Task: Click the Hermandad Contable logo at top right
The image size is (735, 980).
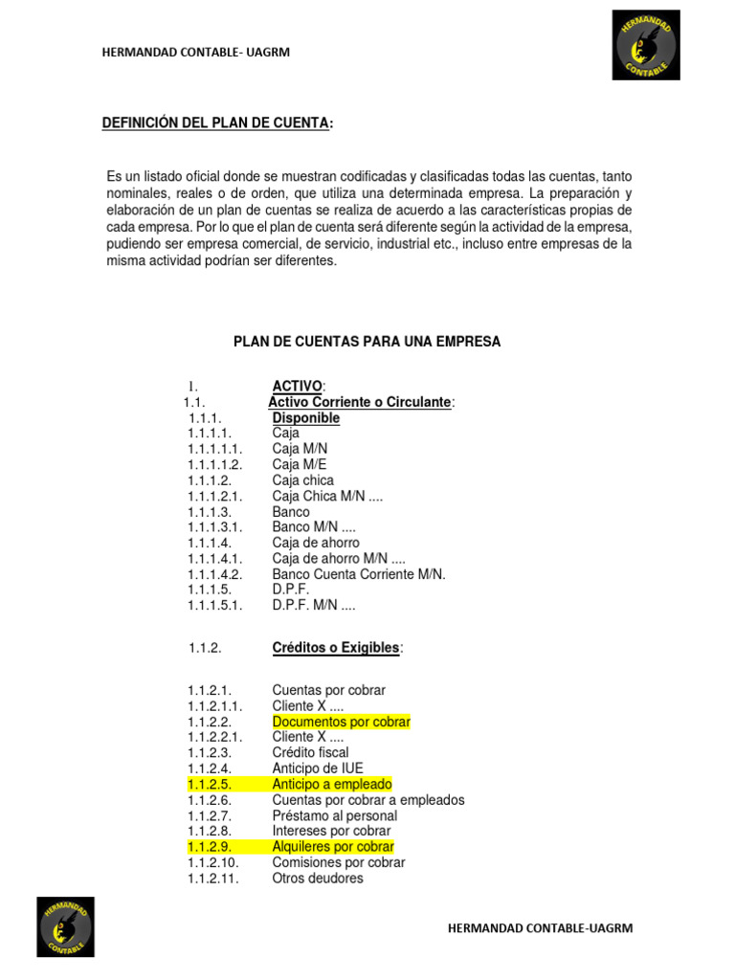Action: (646, 45)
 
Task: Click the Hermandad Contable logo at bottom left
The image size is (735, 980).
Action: (66, 926)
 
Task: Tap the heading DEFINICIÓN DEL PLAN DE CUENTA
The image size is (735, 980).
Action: (217, 123)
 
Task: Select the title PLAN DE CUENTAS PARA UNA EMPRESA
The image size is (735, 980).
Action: (367, 341)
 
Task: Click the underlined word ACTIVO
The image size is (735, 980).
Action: (297, 386)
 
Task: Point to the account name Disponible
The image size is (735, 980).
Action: (305, 417)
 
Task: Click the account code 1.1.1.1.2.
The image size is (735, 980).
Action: (215, 464)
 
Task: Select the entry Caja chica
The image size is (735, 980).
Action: (302, 479)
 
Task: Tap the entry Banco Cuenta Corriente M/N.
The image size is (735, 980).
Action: (359, 574)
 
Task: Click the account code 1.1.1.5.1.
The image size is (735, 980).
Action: (215, 605)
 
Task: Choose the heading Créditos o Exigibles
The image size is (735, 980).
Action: (336, 648)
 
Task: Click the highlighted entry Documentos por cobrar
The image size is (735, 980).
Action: (341, 722)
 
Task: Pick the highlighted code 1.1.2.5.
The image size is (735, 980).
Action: (211, 784)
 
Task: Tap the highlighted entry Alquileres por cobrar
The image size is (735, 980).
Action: (332, 847)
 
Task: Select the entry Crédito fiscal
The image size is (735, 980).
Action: (310, 752)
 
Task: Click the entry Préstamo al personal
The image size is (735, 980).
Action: (334, 815)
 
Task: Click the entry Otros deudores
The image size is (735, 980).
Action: (318, 878)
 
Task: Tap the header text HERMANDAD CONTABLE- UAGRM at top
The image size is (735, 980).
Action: (195, 53)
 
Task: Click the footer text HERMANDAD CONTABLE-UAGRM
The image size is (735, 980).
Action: (540, 927)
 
